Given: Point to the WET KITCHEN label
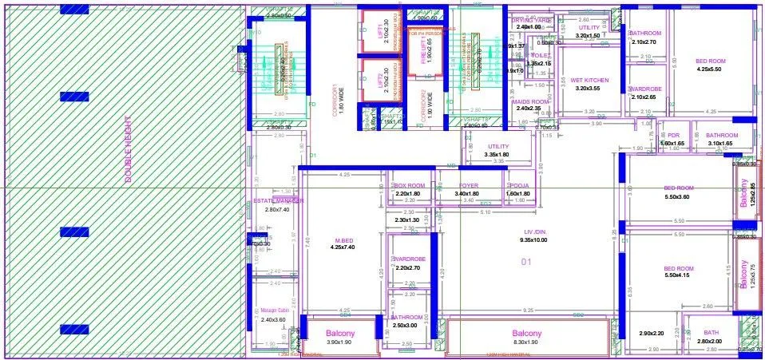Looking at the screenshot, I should point(589,80).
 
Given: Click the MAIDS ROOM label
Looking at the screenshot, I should point(529,102).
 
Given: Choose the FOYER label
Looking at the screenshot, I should point(468,185).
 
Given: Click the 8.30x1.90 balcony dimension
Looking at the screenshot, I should point(526,342).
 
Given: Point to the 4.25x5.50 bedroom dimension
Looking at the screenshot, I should point(709,69).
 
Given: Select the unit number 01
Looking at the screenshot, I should point(525,262).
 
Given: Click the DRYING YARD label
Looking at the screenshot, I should point(531,20).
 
